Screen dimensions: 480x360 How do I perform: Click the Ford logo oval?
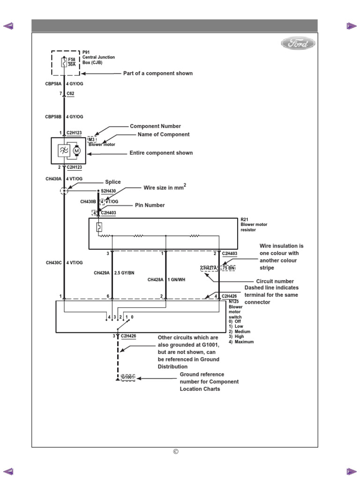[298, 44]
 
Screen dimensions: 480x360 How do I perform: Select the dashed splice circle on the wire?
[64, 190]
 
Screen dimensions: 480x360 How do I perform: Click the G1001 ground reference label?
[127, 377]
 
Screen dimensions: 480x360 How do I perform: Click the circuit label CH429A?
[102, 272]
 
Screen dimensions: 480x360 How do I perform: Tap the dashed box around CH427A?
[209, 268]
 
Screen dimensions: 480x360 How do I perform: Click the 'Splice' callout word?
[112, 182]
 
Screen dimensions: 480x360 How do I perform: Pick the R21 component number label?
[244, 219]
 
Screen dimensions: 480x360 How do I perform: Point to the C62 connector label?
[70, 94]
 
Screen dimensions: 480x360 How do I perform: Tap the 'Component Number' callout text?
[155, 126]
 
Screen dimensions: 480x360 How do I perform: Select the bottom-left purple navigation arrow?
[8, 471]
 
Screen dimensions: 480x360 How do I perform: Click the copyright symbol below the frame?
[176, 452]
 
